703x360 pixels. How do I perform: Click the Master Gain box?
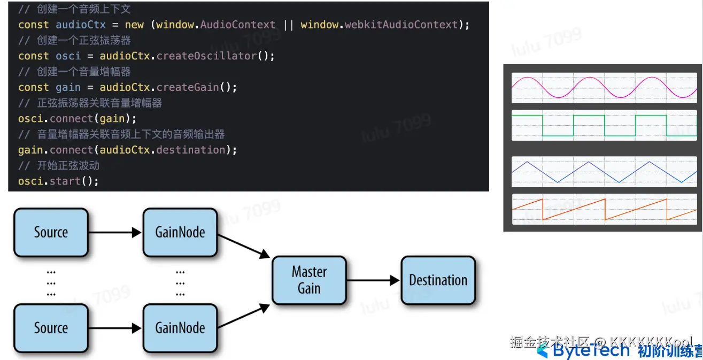click(309, 280)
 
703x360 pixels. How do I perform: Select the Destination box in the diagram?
click(438, 280)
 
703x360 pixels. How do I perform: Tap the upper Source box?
click(51, 232)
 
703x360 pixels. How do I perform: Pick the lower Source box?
click(51, 328)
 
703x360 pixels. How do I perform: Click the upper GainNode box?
click(180, 232)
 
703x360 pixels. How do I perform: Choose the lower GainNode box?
click(180, 328)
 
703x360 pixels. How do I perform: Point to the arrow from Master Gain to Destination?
click(373, 280)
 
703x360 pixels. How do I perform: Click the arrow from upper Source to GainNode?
click(115, 232)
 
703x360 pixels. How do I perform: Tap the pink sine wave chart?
click(604, 88)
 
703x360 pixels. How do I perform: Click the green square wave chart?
click(604, 125)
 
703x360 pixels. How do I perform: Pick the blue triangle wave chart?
click(604, 172)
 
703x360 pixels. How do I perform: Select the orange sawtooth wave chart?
click(604, 209)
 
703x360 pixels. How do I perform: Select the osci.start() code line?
click(58, 181)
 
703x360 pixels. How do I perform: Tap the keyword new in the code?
click(134, 25)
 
